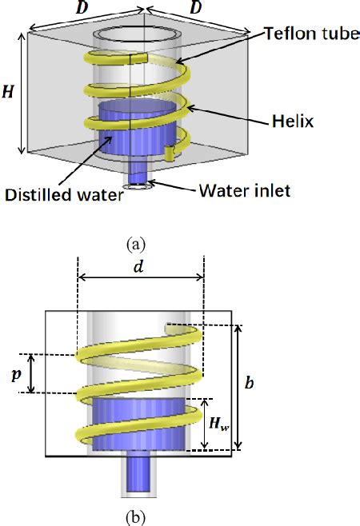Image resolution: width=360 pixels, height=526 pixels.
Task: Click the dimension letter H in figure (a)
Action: [x=7, y=92]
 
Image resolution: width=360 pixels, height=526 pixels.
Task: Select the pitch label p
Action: [x=15, y=373]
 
